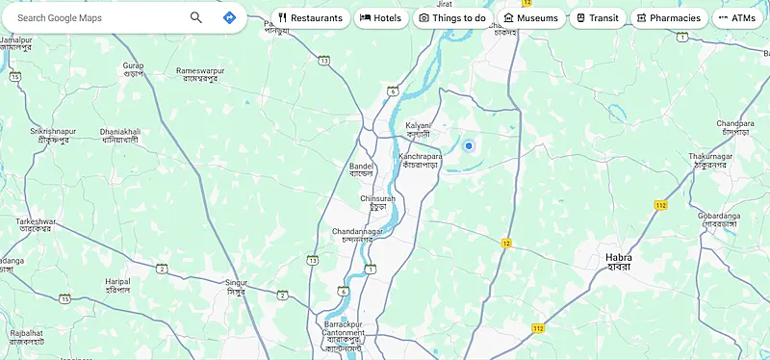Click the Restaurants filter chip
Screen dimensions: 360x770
pyautogui.click(x=310, y=17)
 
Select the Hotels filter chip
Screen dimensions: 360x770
pyautogui.click(x=381, y=17)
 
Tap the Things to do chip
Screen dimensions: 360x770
pyautogui.click(x=452, y=17)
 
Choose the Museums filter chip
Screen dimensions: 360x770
pyautogui.click(x=530, y=17)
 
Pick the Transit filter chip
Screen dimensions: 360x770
pyautogui.click(x=598, y=17)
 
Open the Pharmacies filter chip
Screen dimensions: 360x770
pyautogui.click(x=667, y=17)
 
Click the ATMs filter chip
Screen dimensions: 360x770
pyautogui.click(x=737, y=17)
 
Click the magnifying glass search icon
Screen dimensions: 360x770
pyautogui.click(x=196, y=17)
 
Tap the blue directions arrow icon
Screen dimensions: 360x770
pyautogui.click(x=229, y=17)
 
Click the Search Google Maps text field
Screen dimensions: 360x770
pyautogui.click(x=96, y=17)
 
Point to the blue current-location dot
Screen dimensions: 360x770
pyautogui.click(x=469, y=145)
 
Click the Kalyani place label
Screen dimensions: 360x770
pyautogui.click(x=418, y=126)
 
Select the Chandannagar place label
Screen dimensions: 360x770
pyautogui.click(x=357, y=232)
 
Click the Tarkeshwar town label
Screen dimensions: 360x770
pyautogui.click(x=36, y=222)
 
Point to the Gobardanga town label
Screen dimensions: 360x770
pyautogui.click(x=719, y=217)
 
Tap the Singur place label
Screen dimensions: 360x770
pyautogui.click(x=236, y=283)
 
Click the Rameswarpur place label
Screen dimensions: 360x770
pyautogui.click(x=200, y=71)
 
